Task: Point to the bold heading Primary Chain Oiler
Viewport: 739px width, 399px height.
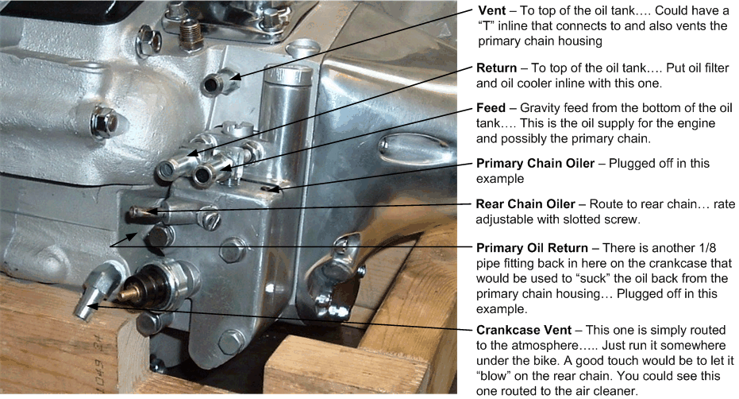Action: pos(539,164)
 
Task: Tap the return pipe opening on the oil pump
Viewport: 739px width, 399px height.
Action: pos(169,169)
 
